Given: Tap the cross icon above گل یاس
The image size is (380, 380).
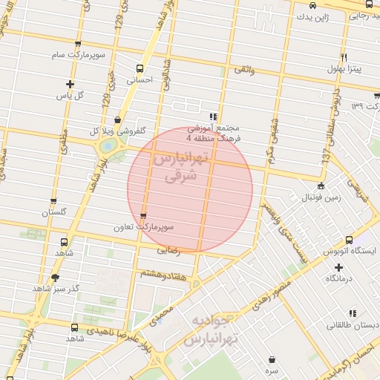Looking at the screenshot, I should [71, 85].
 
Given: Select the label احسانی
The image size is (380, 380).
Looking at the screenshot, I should [140, 79].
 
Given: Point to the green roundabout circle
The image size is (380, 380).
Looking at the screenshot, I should [108, 147].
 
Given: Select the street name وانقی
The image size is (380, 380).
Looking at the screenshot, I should [244, 69].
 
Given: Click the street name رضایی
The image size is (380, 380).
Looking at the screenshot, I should [169, 251].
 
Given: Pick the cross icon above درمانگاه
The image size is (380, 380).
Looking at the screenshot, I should [339, 267].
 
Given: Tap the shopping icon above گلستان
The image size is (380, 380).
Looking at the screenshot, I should [53, 201].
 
